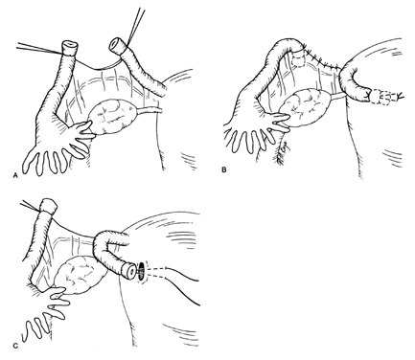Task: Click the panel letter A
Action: [14, 175]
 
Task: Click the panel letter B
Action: [224, 169]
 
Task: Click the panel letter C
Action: [14, 346]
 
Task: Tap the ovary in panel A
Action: [114, 117]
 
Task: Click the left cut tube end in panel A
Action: [70, 47]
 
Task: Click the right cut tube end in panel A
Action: [116, 45]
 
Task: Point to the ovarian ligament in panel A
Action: [151, 110]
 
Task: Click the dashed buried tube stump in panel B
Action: [299, 60]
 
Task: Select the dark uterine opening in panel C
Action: [142, 271]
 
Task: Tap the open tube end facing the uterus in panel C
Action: [128, 270]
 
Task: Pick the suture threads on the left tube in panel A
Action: [39, 48]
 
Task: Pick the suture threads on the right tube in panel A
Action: [136, 25]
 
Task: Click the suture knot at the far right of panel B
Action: [400, 95]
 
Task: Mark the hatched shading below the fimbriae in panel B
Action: [281, 152]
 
